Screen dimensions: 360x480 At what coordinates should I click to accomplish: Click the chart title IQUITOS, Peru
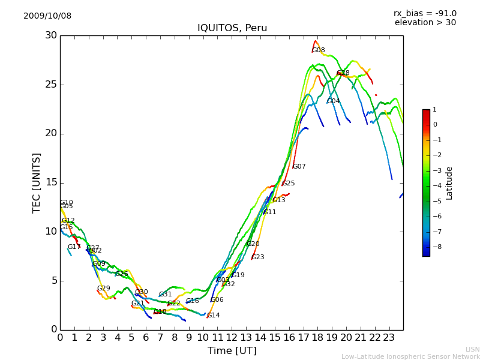(x=232, y=28)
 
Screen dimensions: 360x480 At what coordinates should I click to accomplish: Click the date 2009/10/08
(x=47, y=16)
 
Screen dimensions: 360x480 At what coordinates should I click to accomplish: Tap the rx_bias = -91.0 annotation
(x=425, y=14)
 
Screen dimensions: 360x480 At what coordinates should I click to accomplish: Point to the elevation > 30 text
(x=425, y=23)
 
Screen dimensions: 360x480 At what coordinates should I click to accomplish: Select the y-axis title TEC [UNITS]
(x=37, y=182)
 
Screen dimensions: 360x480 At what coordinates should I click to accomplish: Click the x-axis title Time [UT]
(x=232, y=350)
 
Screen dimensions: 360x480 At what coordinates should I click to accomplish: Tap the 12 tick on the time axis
(x=232, y=338)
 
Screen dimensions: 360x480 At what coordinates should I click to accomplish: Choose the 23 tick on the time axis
(x=389, y=338)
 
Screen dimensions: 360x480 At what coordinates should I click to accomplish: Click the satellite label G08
(x=319, y=50)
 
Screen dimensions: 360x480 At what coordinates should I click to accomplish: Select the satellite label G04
(x=334, y=101)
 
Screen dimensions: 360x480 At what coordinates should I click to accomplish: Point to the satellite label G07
(x=299, y=167)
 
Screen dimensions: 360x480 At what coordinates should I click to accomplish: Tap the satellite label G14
(x=214, y=316)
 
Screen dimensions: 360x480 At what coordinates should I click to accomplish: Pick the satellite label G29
(x=104, y=289)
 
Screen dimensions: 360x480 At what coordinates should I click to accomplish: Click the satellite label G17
(x=74, y=247)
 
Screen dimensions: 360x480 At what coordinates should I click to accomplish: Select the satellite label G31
(x=166, y=295)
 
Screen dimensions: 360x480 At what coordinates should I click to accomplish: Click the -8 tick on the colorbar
(x=435, y=247)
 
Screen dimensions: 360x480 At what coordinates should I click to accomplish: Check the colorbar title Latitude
(x=449, y=183)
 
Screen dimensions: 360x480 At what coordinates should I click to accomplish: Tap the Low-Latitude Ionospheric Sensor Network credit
(x=410, y=357)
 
